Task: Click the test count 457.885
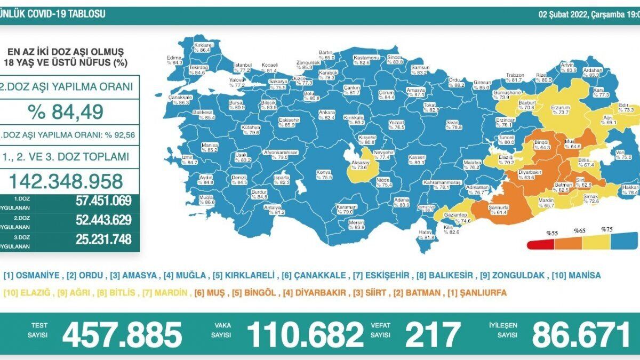pos(122,334)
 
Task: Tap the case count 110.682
pos(305,334)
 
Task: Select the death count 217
pos(433,334)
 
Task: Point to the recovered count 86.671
pos(581,334)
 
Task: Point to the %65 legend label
pos(579,230)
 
